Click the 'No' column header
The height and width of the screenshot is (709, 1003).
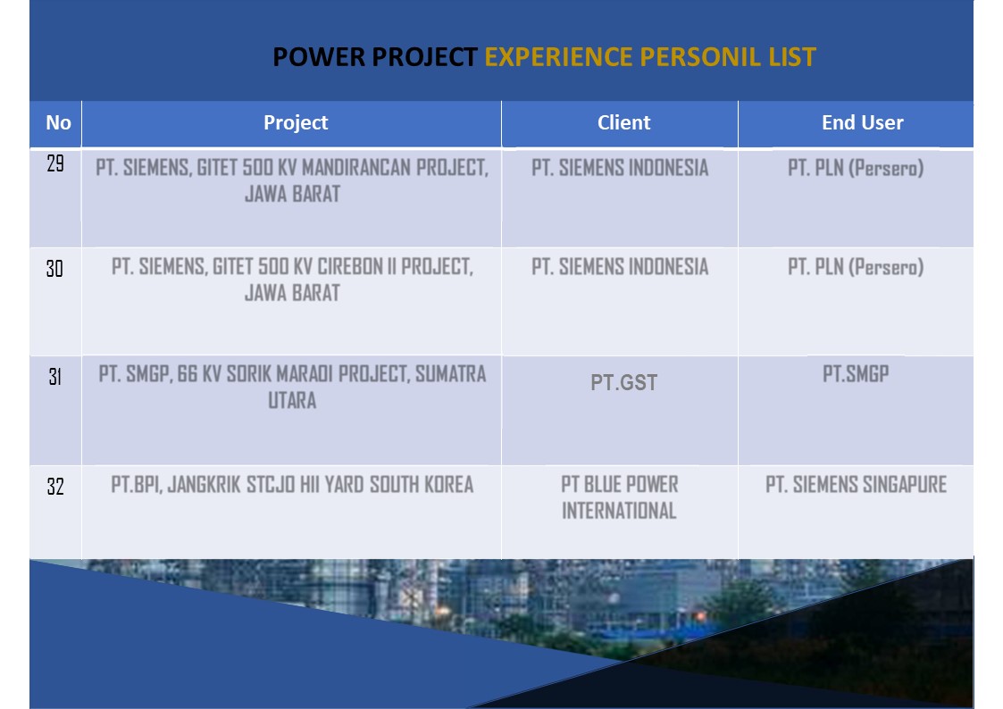pyautogui.click(x=58, y=122)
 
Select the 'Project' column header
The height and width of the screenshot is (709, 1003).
pyautogui.click(x=296, y=122)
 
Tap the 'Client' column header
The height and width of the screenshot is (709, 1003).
pyautogui.click(x=623, y=122)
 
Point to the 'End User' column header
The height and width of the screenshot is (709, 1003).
pyautogui.click(x=862, y=122)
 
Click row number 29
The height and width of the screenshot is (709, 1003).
pyautogui.click(x=55, y=163)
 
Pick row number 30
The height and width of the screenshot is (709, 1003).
pyautogui.click(x=55, y=269)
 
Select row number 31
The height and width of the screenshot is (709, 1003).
pyautogui.click(x=55, y=377)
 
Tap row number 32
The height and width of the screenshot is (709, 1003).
pyautogui.click(x=55, y=488)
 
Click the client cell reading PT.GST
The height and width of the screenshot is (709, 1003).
pyautogui.click(x=623, y=382)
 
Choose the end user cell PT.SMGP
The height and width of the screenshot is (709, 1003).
pyautogui.click(x=856, y=373)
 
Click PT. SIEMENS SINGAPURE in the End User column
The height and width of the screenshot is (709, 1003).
pyautogui.click(x=856, y=485)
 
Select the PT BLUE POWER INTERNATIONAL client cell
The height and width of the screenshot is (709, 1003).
pyautogui.click(x=619, y=497)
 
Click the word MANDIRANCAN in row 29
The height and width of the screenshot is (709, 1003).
pyautogui.click(x=356, y=168)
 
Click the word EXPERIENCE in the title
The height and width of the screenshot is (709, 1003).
pyautogui.click(x=558, y=57)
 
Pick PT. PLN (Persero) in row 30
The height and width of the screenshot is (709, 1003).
pyautogui.click(x=856, y=267)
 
